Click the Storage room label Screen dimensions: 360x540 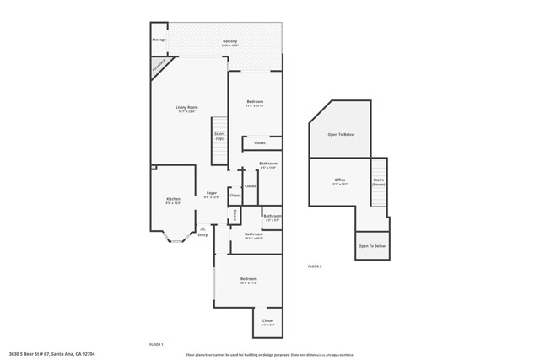159,40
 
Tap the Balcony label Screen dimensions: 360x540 229,41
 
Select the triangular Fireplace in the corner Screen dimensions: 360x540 159,67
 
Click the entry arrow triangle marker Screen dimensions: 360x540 202,228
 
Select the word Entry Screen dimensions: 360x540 202,234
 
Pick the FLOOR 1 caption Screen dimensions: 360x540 156,344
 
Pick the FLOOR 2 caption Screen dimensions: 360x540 315,266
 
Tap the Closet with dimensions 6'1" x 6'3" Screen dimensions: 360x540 267,321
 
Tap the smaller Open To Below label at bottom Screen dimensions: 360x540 372,246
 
